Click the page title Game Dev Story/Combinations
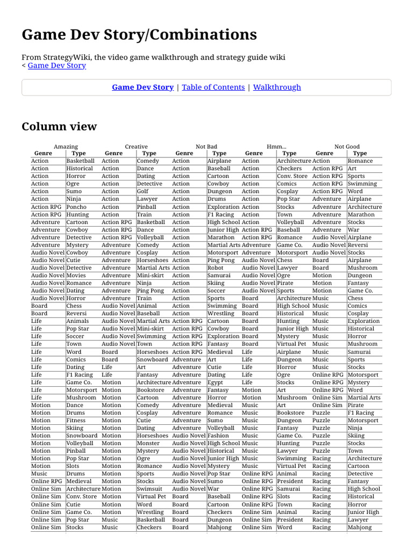pos(139,35)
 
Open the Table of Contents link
pos(213,87)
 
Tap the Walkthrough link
pos(277,87)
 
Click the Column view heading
pos(59,127)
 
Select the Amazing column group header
pos(66,147)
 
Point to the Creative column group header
pos(136,147)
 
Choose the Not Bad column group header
pos(206,147)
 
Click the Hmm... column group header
pos(276,147)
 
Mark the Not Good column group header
pos(347,147)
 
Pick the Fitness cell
pos(76,421)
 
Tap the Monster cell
pos(148,443)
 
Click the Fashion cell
pos(218,436)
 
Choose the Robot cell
pos(216,267)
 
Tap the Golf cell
pos(143,191)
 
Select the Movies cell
pos(76,276)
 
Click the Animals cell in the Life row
pos(77,321)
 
